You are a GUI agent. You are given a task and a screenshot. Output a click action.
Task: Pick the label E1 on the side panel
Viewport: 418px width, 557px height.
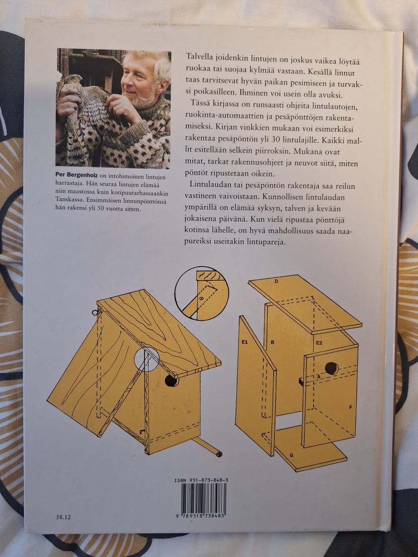tap(245, 342)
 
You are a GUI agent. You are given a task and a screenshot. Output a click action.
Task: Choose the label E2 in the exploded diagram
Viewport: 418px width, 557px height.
tap(319, 342)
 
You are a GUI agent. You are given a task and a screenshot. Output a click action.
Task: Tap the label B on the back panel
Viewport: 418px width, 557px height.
tap(273, 342)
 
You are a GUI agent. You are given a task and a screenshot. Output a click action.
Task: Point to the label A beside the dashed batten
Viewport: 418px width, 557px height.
tap(319, 377)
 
